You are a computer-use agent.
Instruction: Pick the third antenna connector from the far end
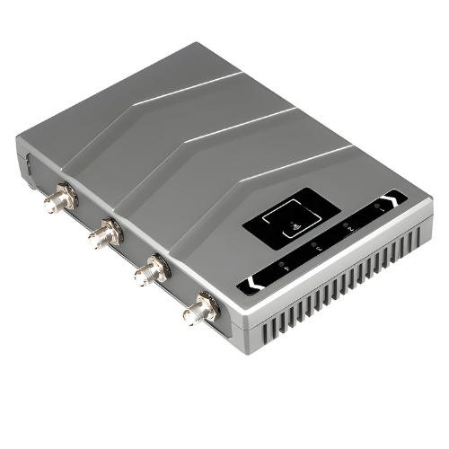[149, 270]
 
